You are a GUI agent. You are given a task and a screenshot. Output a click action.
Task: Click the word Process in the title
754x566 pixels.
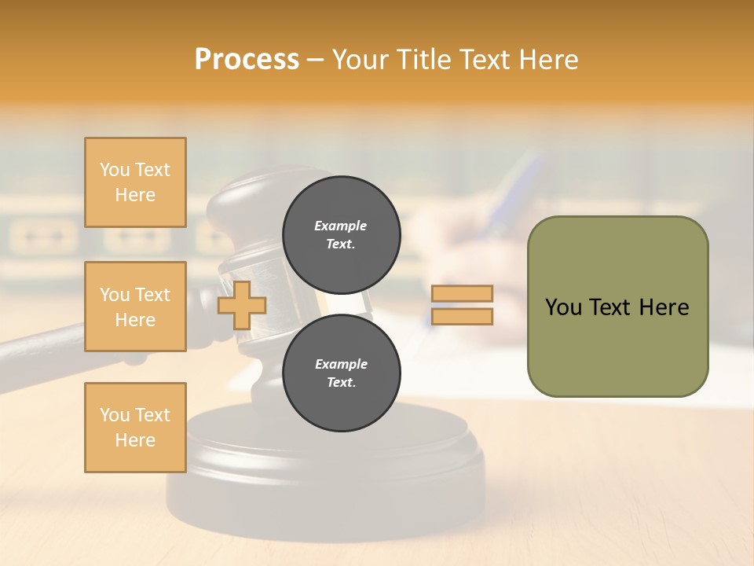(247, 60)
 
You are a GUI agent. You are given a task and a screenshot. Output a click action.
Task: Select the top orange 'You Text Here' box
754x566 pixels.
(135, 182)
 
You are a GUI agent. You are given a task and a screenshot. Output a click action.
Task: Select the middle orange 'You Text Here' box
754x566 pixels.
(135, 307)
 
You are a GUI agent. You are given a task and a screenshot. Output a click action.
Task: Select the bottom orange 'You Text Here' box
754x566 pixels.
(135, 428)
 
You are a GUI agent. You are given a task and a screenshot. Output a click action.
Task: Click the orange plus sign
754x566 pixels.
(241, 306)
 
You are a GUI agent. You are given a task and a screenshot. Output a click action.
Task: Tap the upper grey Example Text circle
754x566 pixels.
(341, 234)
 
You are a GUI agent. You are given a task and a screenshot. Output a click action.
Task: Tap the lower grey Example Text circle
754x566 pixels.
(341, 373)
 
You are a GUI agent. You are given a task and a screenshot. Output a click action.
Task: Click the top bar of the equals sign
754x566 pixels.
(463, 294)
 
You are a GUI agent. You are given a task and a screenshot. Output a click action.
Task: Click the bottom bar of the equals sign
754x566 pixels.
(463, 317)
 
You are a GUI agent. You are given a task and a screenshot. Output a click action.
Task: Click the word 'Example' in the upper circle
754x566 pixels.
(341, 226)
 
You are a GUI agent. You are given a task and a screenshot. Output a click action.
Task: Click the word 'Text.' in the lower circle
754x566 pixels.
(341, 383)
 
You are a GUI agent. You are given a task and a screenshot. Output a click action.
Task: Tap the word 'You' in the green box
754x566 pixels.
(563, 307)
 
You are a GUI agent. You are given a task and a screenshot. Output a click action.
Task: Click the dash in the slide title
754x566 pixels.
(315, 60)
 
